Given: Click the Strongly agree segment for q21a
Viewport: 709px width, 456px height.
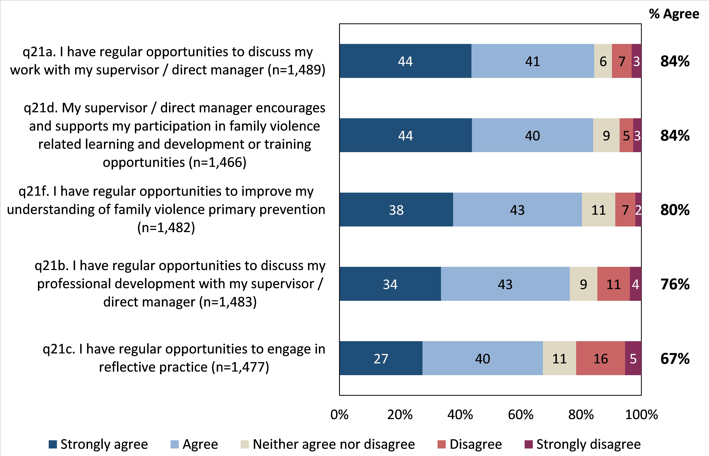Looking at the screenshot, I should [405, 61].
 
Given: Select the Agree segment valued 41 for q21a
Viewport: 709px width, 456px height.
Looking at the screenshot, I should [533, 61].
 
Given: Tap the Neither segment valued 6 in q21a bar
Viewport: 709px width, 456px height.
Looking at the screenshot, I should [603, 61].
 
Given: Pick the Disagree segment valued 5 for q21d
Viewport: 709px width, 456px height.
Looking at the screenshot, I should [626, 135].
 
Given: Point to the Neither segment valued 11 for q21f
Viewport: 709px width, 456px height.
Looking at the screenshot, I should [598, 210].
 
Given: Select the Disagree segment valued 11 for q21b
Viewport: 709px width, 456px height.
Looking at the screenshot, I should [613, 284].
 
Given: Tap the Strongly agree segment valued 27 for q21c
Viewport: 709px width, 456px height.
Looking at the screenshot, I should [381, 358].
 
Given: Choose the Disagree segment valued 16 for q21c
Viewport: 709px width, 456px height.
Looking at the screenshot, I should [601, 358].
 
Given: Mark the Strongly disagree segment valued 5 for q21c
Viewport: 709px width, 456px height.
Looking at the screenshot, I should [633, 358].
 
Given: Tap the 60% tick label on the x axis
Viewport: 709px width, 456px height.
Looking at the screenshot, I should [521, 414].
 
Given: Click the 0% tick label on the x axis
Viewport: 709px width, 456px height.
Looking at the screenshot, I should [339, 414].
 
